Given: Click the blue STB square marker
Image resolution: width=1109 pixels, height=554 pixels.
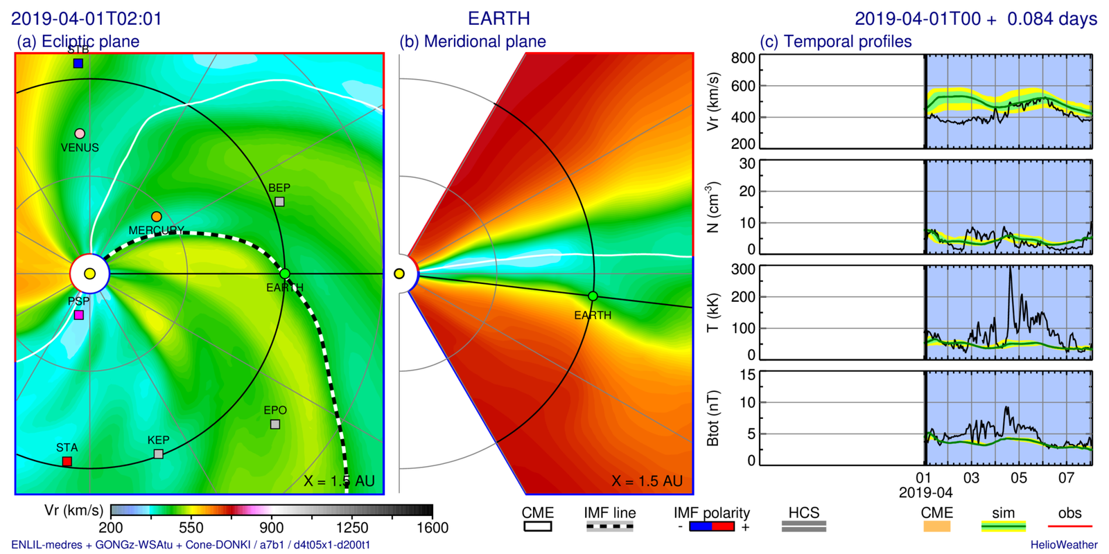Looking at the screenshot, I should click(78, 64).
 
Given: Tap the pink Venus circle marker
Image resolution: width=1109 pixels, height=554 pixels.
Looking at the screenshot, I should click(80, 134).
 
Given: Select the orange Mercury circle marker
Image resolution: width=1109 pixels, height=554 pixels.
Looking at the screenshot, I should click(157, 217).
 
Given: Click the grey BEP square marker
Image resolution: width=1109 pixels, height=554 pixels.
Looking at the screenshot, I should click(279, 202).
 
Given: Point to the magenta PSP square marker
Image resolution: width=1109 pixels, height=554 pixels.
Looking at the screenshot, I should click(79, 315).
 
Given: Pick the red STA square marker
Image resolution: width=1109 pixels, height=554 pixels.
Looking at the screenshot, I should click(67, 461).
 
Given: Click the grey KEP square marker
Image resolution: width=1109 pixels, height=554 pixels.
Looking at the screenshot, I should click(159, 454).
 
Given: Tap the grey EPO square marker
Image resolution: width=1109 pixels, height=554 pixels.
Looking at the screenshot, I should click(275, 425).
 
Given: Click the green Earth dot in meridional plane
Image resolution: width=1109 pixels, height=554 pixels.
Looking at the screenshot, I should click(593, 296).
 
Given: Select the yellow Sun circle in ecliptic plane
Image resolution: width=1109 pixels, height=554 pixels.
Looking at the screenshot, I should click(89, 274).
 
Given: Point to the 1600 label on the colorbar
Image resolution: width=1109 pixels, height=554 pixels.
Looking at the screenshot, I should click(433, 528).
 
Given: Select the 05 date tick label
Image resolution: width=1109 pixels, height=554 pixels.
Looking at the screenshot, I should click(1018, 478).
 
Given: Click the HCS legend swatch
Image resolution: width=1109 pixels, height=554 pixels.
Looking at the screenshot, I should click(804, 527).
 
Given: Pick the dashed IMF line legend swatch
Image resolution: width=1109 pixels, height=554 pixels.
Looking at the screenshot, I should click(610, 527).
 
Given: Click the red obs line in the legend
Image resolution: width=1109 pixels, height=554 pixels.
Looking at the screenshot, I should click(1069, 527).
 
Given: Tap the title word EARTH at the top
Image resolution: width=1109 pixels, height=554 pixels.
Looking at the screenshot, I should click(499, 19).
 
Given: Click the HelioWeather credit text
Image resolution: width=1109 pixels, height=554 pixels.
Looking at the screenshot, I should click(1063, 545).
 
